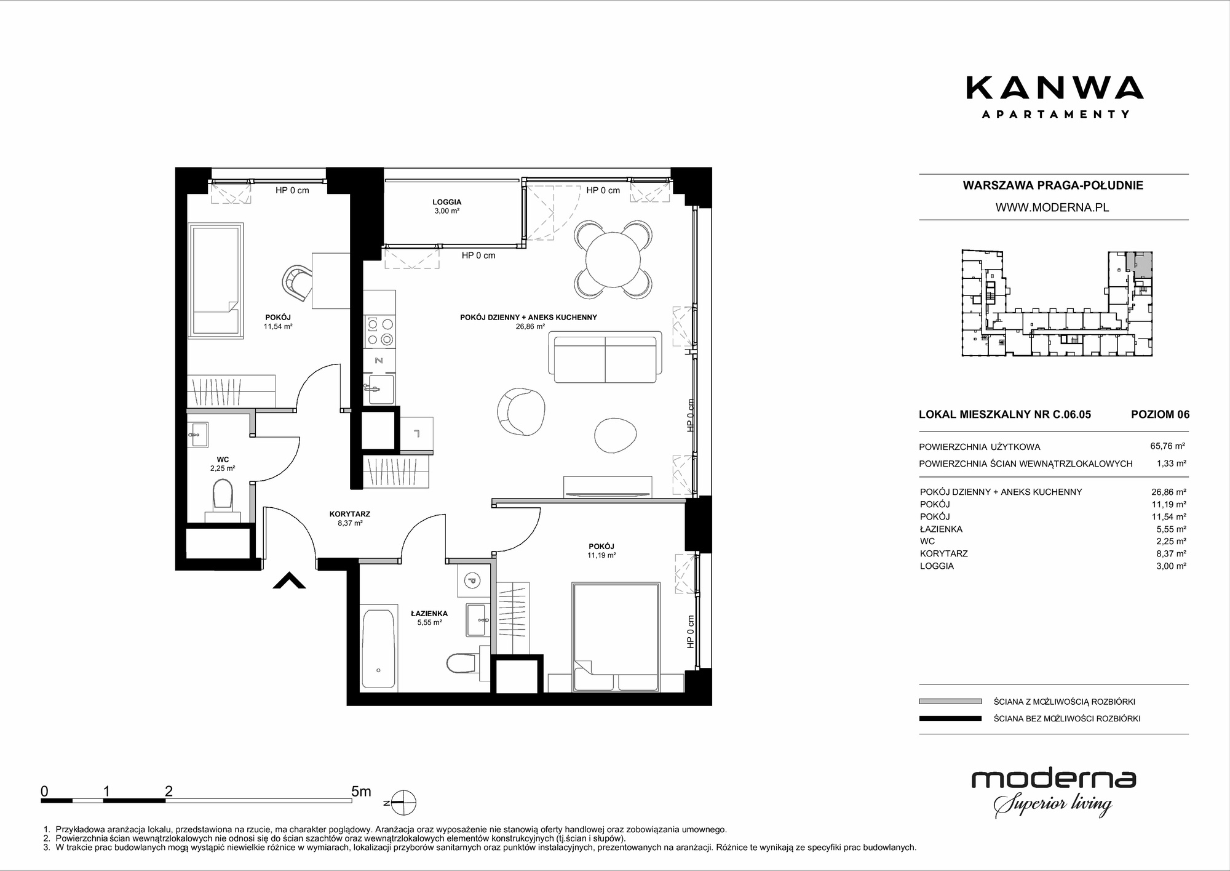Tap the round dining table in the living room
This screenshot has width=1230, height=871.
(614, 259)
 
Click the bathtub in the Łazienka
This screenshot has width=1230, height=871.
(378, 648)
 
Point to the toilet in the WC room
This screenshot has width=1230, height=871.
(222, 500)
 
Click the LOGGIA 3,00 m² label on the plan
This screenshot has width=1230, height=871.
(447, 206)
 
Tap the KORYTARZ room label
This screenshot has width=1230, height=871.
(350, 518)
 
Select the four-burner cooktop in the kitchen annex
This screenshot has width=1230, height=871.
(379, 332)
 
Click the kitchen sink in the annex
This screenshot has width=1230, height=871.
(379, 389)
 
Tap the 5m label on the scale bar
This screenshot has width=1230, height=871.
(361, 791)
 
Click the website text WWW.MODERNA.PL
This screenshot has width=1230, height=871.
(1052, 207)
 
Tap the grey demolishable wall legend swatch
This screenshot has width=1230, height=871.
(950, 701)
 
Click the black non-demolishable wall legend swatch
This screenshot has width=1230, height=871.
(950, 718)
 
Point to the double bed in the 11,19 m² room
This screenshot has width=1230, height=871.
(616, 638)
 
